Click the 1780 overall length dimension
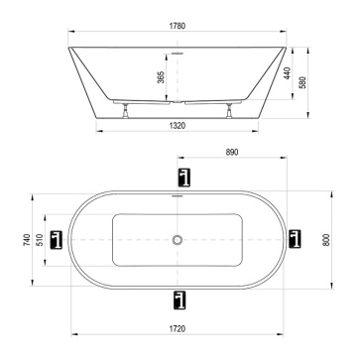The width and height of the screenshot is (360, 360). point(178,26)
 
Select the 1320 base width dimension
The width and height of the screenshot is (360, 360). point(178,126)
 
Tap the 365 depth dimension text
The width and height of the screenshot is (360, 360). point(161,77)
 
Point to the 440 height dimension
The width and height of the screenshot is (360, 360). point(288,73)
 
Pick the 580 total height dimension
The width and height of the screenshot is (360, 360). point(302,82)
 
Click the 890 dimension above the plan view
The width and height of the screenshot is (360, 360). point(232,152)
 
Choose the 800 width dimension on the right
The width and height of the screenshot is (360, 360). point(326,240)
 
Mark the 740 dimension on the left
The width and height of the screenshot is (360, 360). point(27,240)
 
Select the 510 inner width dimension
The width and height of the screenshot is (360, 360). point(40,240)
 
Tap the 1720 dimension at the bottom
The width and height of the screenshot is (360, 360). point(178,329)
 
